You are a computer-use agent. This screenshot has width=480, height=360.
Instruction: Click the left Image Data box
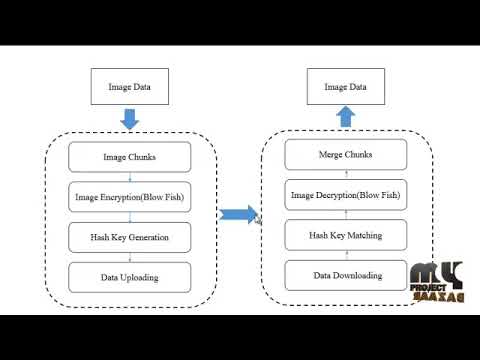(x=129, y=87)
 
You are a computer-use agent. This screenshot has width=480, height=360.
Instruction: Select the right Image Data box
(x=345, y=87)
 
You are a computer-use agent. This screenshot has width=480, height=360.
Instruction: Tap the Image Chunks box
(x=129, y=157)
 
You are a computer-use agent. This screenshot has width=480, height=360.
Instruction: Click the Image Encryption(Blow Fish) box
(x=129, y=197)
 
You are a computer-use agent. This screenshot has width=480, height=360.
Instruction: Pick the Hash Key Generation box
(x=129, y=237)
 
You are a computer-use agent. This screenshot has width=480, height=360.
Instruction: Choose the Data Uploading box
(x=129, y=277)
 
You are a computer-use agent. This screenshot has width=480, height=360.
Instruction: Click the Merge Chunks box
(x=345, y=155)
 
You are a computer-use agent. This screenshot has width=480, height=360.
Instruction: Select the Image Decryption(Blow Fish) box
(x=345, y=194)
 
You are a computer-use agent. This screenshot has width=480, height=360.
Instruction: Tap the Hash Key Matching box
(x=345, y=235)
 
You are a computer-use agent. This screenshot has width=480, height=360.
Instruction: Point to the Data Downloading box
(x=345, y=275)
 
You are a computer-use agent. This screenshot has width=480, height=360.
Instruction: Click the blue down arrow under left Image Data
(x=129, y=120)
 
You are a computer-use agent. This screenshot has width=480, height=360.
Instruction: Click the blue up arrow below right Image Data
(x=345, y=117)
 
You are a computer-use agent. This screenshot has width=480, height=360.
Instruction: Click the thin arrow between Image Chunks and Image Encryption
(x=129, y=177)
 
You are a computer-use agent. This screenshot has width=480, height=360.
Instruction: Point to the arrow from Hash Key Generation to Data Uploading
(x=129, y=257)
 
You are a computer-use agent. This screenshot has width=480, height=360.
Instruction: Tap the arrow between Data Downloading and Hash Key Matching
(x=345, y=255)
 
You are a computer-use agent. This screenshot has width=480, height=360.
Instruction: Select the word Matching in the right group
(x=362, y=235)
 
